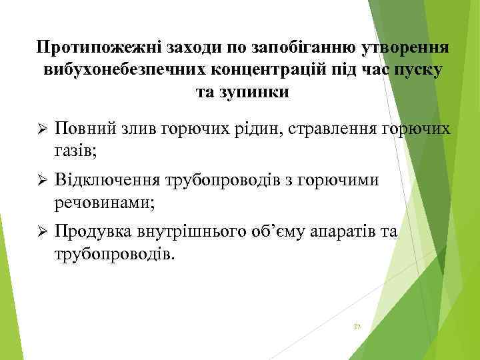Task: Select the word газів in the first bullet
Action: click(x=75, y=151)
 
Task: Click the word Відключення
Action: click(x=107, y=179)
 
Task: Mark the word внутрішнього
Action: click(x=199, y=231)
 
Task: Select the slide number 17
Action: click(x=357, y=326)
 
